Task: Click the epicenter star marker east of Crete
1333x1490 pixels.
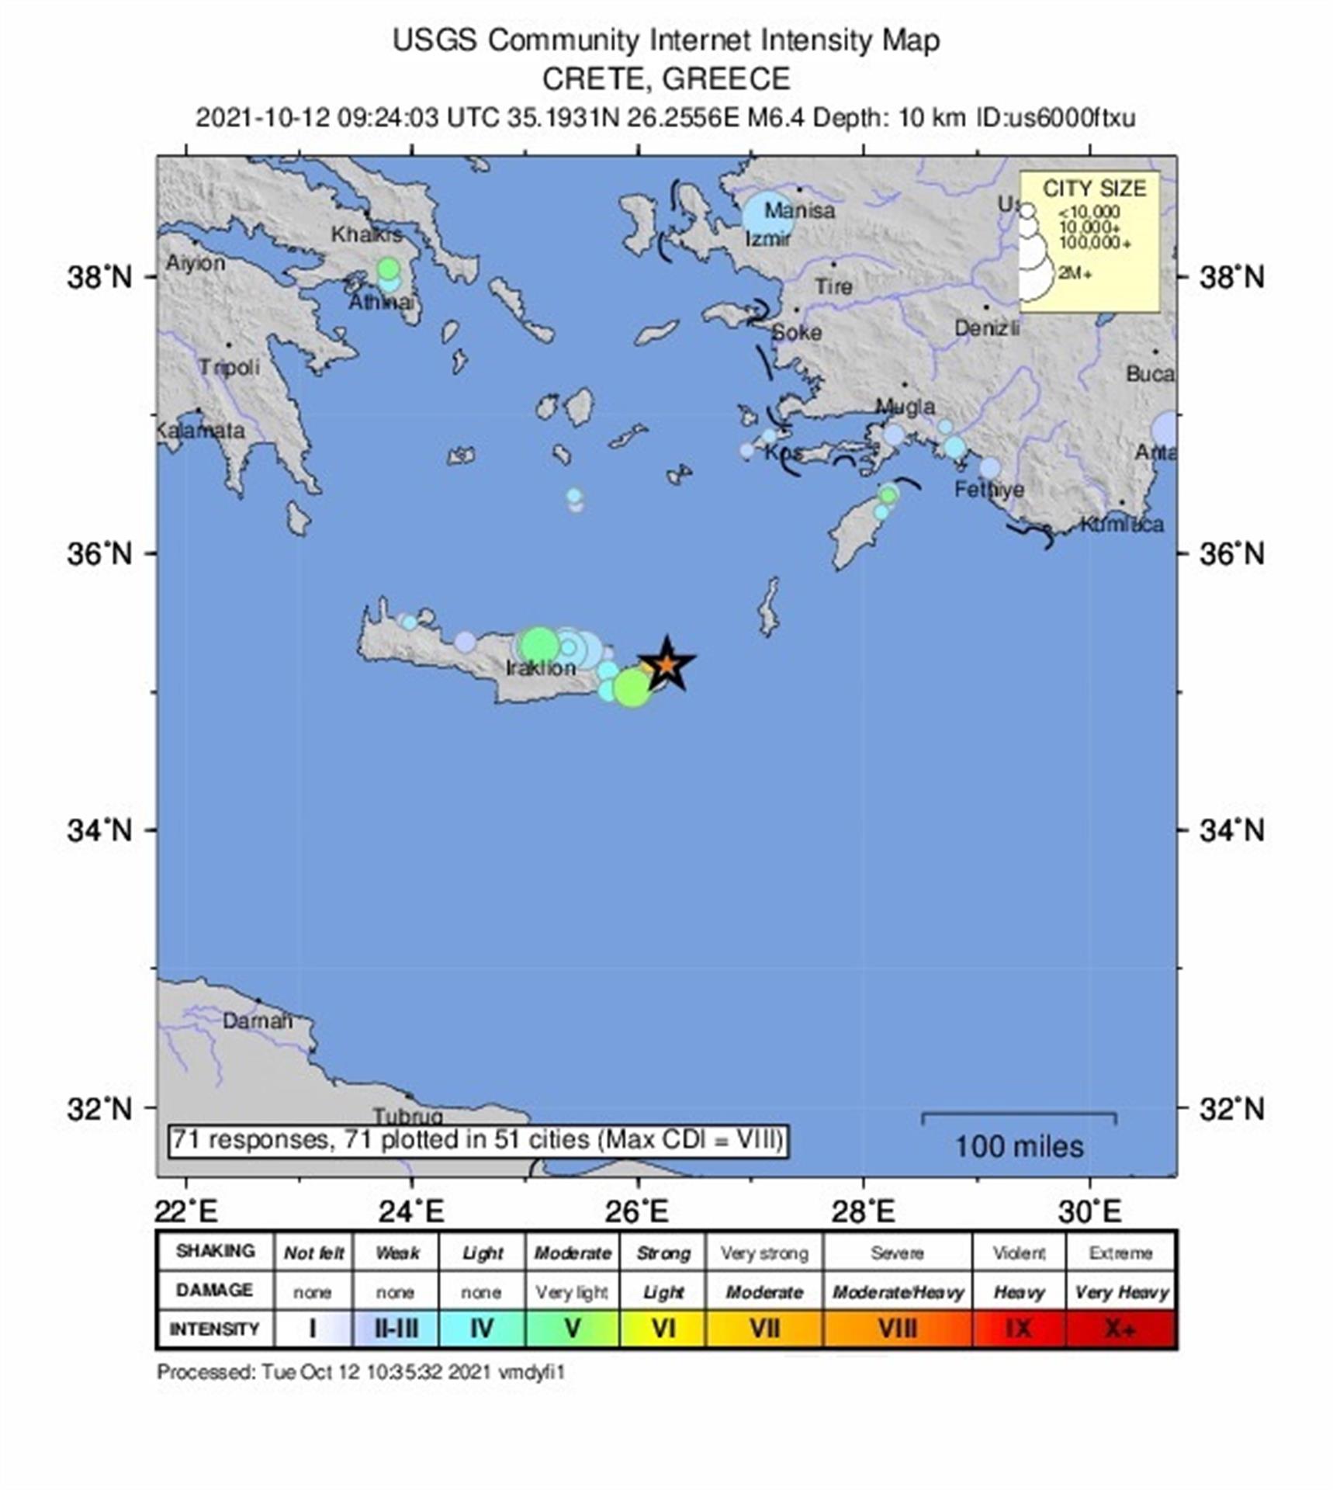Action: tap(666, 664)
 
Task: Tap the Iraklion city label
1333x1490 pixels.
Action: tap(541, 668)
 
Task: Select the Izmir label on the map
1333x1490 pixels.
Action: tap(767, 239)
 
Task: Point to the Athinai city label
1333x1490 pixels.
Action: tap(381, 302)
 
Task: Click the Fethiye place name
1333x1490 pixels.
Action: tap(988, 490)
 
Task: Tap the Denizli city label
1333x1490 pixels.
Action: tap(986, 329)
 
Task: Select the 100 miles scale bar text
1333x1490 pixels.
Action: tap(1018, 1146)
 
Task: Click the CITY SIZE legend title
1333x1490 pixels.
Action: tap(1093, 189)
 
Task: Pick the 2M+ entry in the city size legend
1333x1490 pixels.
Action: tap(1075, 274)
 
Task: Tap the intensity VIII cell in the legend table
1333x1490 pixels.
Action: tap(897, 1329)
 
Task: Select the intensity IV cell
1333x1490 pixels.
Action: tap(482, 1329)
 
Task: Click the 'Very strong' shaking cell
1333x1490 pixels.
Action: tap(763, 1253)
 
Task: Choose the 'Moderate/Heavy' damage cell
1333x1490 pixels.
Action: tap(897, 1292)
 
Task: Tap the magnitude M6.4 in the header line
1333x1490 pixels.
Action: tap(775, 118)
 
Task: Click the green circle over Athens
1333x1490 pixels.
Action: tap(388, 269)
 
